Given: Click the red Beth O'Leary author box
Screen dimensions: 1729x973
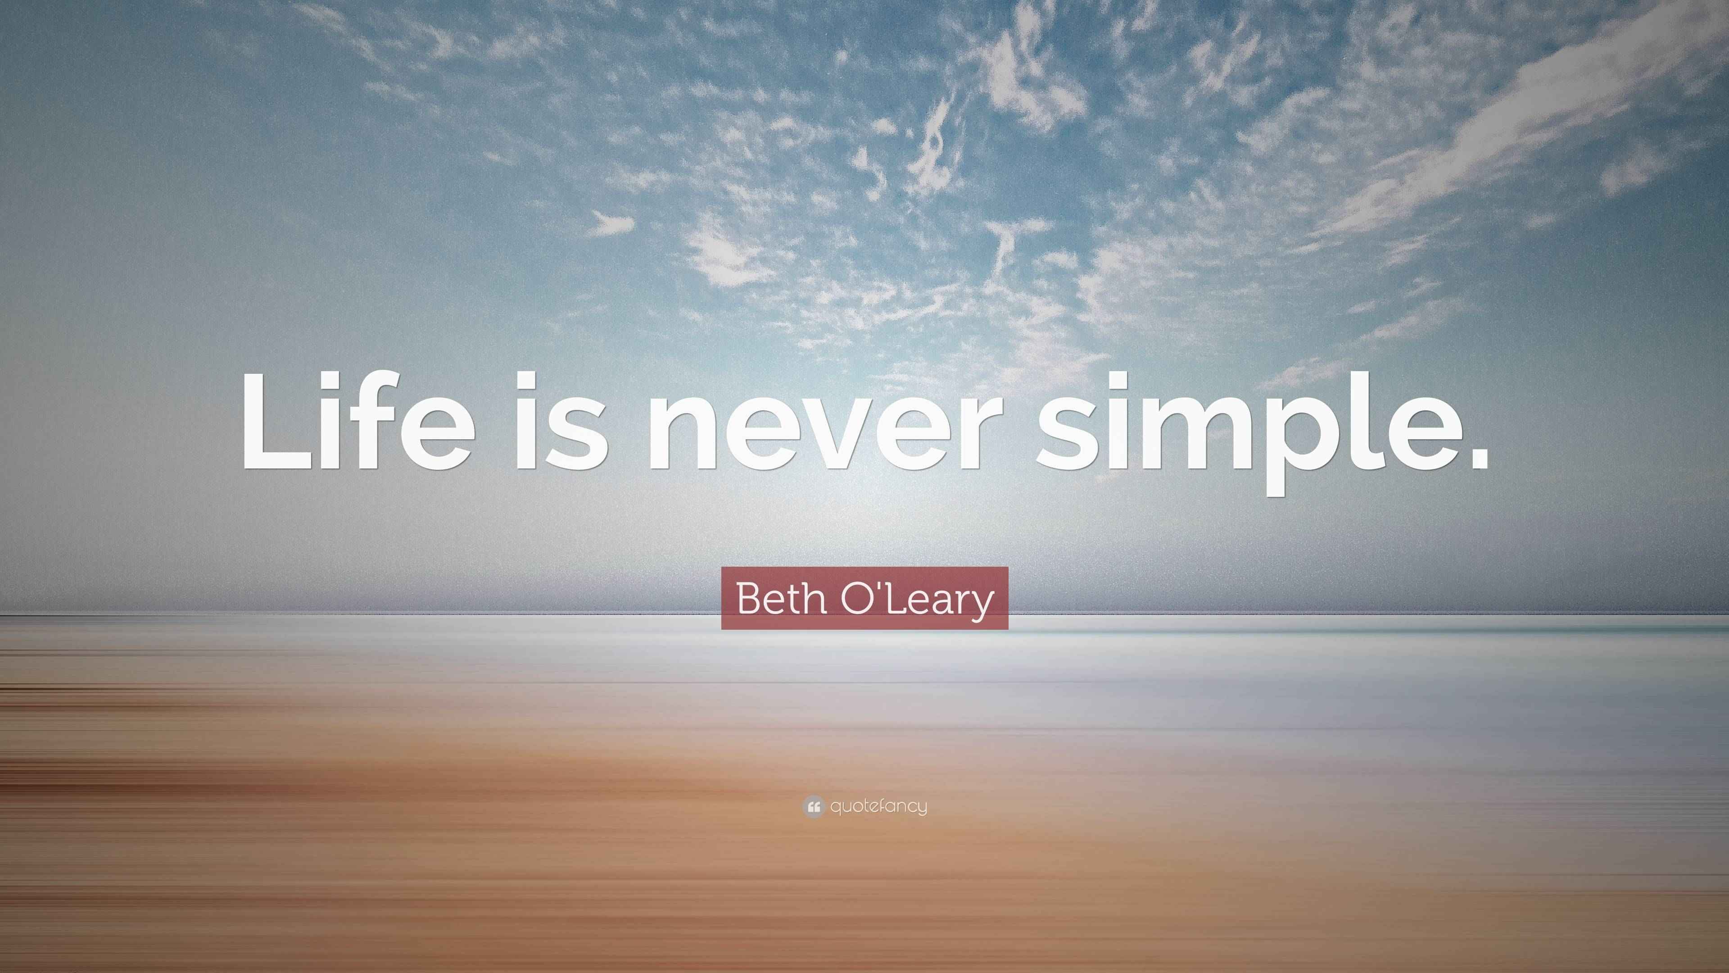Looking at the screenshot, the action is [x=864, y=598].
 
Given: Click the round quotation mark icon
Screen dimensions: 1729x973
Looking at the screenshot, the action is [x=813, y=806].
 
